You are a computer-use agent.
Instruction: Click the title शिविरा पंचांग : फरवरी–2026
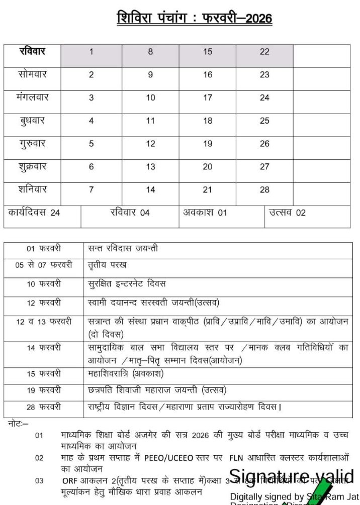(x=194, y=19)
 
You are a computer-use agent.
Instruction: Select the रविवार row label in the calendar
(x=32, y=51)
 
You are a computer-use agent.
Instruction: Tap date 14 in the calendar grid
(x=150, y=190)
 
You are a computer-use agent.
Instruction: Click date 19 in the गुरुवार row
(x=208, y=144)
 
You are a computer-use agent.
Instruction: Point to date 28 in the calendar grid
(x=264, y=190)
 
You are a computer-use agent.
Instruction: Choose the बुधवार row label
(x=32, y=121)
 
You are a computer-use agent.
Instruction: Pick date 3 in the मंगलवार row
(x=91, y=97)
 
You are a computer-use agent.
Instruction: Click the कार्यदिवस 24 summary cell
(x=34, y=213)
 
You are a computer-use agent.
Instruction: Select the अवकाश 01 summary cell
(x=205, y=213)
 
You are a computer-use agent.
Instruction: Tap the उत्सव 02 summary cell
(x=287, y=213)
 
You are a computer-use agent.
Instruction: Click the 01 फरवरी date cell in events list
(x=44, y=248)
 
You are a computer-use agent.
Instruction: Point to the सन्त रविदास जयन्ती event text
(x=123, y=248)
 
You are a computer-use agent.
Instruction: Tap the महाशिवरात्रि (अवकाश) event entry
(x=126, y=374)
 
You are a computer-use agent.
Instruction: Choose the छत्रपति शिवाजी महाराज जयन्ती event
(x=157, y=390)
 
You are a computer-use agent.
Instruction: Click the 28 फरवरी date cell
(x=44, y=407)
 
